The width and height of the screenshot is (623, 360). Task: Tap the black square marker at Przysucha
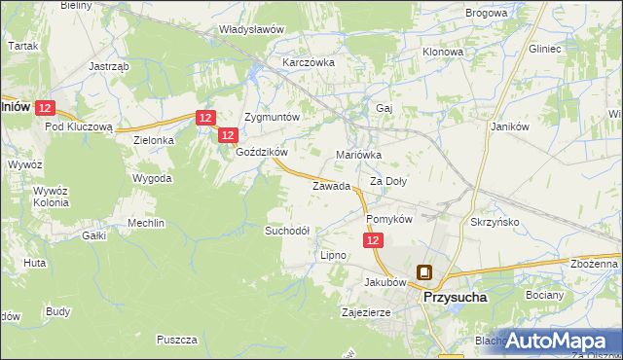point(424,273)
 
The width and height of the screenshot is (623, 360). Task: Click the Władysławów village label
point(251,29)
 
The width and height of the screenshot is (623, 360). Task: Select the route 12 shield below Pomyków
point(374,252)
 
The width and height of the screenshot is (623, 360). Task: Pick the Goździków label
point(261,152)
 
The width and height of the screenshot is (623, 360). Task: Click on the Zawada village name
point(330,186)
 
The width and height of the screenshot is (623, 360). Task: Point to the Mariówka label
point(358,155)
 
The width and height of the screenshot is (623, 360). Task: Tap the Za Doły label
point(388,181)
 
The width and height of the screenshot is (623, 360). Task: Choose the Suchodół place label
point(287,231)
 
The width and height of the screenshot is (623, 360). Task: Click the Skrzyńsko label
point(495,222)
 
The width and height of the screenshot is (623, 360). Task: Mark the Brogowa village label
point(487,13)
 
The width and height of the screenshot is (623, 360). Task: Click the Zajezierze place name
point(366,313)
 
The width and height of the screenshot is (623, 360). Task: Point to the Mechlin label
point(146,223)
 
